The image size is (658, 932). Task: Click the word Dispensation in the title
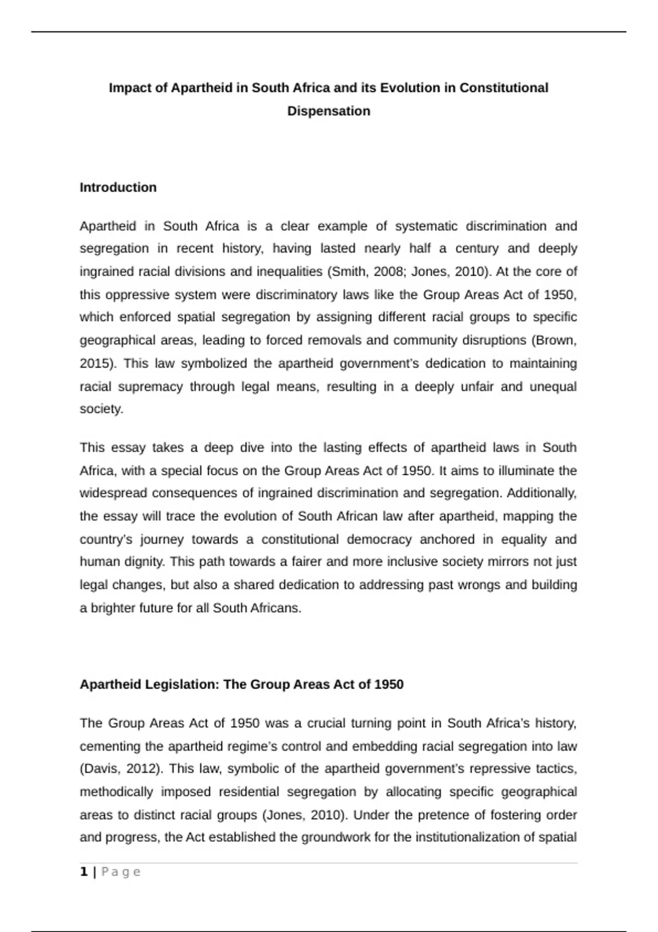pos(328,111)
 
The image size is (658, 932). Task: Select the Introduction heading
pos(118,187)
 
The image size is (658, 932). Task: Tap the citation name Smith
pos(348,271)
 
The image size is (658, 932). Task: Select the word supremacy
pos(150,387)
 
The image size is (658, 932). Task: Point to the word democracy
pos(379,539)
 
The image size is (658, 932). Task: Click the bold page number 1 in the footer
pos(83,872)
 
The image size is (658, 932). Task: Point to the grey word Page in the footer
pos(121,872)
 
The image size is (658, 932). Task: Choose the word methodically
pos(116,792)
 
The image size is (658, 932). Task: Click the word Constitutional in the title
pos(503,88)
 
